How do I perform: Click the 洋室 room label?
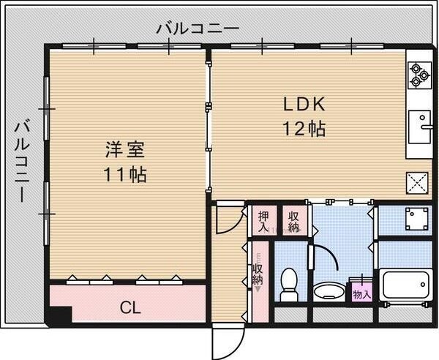pyautogui.click(x=124, y=150)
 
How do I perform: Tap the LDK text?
pyautogui.click(x=304, y=103)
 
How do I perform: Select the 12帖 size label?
pyautogui.click(x=304, y=128)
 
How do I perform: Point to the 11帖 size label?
pyautogui.click(x=124, y=175)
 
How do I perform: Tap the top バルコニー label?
pyautogui.click(x=198, y=29)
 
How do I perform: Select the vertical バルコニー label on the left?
pyautogui.click(x=21, y=161)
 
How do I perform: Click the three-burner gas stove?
pyautogui.click(x=419, y=74)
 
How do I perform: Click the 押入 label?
pyautogui.click(x=263, y=221)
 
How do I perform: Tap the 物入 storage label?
pyautogui.click(x=361, y=293)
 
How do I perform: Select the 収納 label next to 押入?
pyautogui.click(x=293, y=221)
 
